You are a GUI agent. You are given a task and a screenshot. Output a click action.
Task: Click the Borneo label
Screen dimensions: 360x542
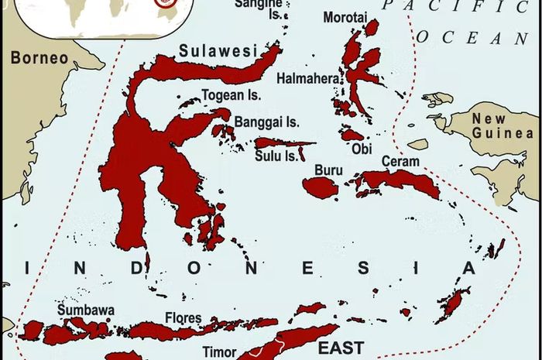coord(39,58)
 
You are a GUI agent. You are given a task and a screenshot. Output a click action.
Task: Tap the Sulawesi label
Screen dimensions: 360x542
coord(218,51)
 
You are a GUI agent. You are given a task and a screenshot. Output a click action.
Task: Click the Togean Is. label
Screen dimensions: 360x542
coord(232,96)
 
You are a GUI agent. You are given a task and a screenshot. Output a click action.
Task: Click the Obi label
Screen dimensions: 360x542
coord(361,148)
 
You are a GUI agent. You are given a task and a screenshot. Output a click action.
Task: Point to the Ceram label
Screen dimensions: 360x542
coord(400,162)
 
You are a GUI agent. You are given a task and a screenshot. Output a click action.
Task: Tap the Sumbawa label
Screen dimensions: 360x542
coord(86,310)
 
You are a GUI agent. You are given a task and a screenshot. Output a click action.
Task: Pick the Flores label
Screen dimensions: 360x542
coord(183,318)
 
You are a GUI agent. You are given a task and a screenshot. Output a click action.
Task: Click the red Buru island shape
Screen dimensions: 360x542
coord(319,187)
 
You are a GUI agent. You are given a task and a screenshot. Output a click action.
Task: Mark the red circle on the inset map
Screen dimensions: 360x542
coord(163,2)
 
